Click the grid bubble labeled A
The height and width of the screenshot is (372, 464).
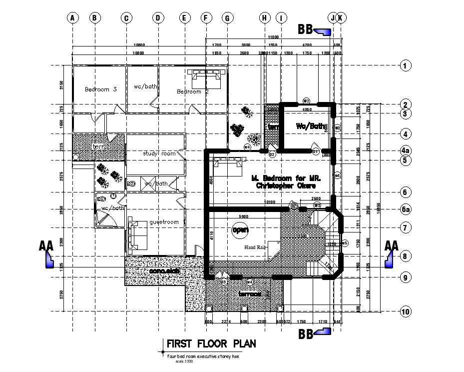click(x=72, y=18)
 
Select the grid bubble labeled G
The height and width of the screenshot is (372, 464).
click(x=227, y=18)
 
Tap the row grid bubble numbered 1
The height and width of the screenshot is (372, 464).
click(x=406, y=65)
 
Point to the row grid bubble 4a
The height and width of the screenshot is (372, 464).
click(x=406, y=150)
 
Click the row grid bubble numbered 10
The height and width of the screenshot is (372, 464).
click(x=406, y=312)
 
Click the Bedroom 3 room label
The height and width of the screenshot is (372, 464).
click(x=100, y=89)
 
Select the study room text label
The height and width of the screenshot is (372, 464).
click(x=159, y=153)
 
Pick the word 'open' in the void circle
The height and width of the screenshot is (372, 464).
click(x=240, y=229)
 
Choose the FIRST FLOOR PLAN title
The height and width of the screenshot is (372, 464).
click(x=211, y=344)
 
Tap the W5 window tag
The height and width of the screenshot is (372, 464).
click(x=344, y=243)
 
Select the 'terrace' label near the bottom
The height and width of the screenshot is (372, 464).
click(x=250, y=294)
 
